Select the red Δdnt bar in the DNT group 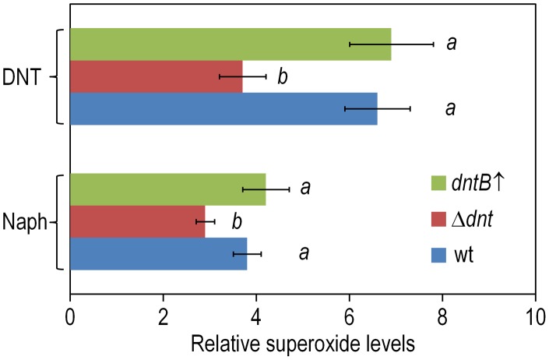(156, 76)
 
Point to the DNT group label (26, 76)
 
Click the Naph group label (24, 223)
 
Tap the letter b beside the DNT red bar (283, 76)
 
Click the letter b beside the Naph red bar (236, 223)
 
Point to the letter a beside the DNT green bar (450, 44)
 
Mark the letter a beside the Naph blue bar (304, 254)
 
